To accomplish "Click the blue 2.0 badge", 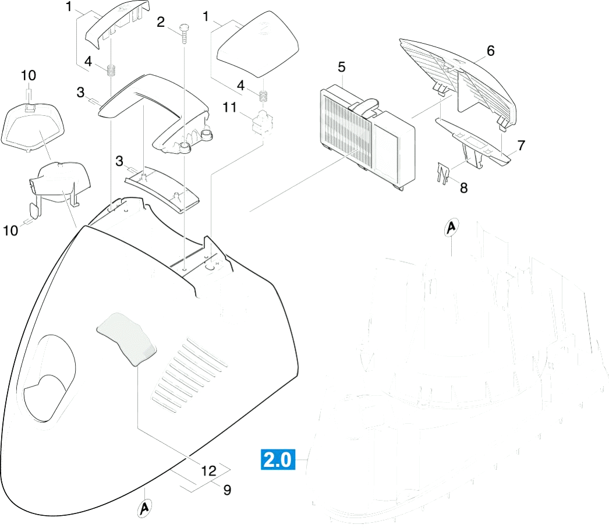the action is (x=277, y=460).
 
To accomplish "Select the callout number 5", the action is (x=341, y=67).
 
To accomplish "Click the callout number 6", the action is (x=490, y=51).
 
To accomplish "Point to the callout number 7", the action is (x=521, y=146).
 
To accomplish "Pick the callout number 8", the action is (x=463, y=188).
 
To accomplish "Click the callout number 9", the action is (x=227, y=490).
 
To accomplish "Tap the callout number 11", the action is (x=229, y=107).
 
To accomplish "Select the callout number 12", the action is (x=208, y=471).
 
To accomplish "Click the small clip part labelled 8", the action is (x=442, y=173).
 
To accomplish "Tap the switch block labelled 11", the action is (x=263, y=121).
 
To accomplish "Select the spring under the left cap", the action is (x=111, y=70).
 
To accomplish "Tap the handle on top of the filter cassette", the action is (x=364, y=105).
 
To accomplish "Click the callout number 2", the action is (x=161, y=22).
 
